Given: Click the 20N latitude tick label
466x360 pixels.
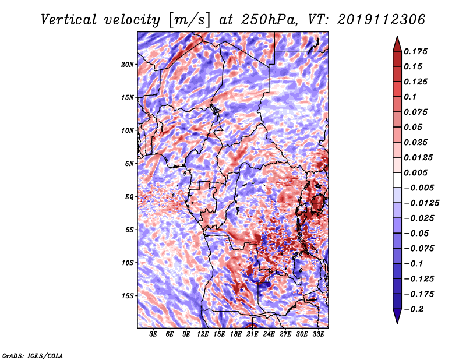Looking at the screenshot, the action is click(x=128, y=65).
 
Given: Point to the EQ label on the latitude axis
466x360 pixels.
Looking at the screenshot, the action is click(x=129, y=197).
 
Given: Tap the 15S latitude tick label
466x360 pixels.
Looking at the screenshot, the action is click(x=128, y=296).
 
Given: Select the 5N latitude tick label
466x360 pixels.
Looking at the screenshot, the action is click(x=129, y=164).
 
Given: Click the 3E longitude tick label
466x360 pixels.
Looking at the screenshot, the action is click(x=153, y=334).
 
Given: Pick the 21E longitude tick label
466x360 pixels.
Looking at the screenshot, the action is click(x=252, y=334).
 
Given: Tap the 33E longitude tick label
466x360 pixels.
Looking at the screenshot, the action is click(x=318, y=334).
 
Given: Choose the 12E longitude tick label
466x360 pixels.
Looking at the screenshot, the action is click(x=203, y=334).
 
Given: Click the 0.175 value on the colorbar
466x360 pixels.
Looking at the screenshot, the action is click(x=415, y=51).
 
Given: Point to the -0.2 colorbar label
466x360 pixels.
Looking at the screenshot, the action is click(x=414, y=309).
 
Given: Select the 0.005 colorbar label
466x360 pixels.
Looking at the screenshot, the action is click(x=415, y=172).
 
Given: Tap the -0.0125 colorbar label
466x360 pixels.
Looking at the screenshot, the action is click(x=421, y=203).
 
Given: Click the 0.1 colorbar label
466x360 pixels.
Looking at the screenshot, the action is click(x=410, y=97).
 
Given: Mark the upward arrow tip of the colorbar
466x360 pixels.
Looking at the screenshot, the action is click(x=397, y=36).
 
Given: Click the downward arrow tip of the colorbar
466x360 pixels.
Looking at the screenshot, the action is click(x=397, y=323).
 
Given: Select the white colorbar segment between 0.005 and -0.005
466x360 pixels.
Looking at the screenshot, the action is click(x=397, y=180).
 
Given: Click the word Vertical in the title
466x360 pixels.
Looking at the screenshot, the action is click(x=69, y=20).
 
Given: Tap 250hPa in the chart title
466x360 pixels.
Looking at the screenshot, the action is click(x=269, y=20).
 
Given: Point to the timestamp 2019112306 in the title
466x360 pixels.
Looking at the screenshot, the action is click(x=382, y=20).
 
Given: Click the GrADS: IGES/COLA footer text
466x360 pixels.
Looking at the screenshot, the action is click(x=33, y=355).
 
